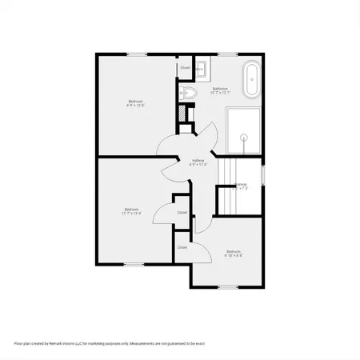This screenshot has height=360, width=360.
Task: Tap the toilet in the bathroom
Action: pos(190,94)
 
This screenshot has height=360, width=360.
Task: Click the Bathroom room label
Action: pos(220,89)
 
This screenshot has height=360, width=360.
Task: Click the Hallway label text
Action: pos(198,160)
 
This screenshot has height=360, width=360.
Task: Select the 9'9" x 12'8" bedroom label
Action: pos(136,102)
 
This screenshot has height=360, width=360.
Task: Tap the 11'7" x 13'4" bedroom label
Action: pos(131,210)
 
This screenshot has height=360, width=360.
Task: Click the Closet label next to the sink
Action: pos(185,68)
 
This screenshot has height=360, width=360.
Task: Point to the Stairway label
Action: pos(240,185)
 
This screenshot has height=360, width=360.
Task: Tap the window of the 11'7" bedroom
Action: pos(132,264)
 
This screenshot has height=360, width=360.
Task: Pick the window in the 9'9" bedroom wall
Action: pos(136,54)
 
